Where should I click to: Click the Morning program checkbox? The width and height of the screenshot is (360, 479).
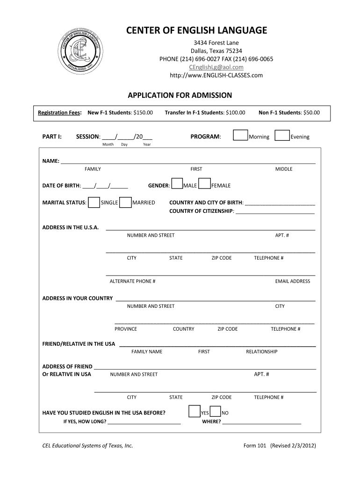240,136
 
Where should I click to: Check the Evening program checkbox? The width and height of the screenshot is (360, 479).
282,136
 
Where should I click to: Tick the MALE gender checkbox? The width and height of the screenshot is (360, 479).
177,184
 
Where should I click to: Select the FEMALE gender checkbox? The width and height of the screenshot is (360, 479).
204,184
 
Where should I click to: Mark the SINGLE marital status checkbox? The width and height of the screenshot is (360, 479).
94,202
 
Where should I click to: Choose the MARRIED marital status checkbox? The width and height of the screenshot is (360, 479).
125,202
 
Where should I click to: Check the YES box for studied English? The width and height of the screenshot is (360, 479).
194,412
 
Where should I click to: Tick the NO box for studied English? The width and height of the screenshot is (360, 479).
216,412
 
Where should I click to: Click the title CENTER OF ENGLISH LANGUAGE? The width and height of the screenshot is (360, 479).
197,31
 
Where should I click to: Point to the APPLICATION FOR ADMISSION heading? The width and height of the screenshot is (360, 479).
180,95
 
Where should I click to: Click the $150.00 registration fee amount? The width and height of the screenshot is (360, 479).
143,113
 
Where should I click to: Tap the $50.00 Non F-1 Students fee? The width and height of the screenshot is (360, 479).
311,113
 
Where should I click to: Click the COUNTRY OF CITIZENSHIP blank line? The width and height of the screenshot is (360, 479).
275,212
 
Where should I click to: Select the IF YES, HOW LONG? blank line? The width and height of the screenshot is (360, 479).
144,422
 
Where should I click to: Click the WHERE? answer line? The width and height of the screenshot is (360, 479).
262,422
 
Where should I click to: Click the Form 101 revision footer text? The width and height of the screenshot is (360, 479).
280,446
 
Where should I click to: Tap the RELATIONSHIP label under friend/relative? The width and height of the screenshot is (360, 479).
261,352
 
